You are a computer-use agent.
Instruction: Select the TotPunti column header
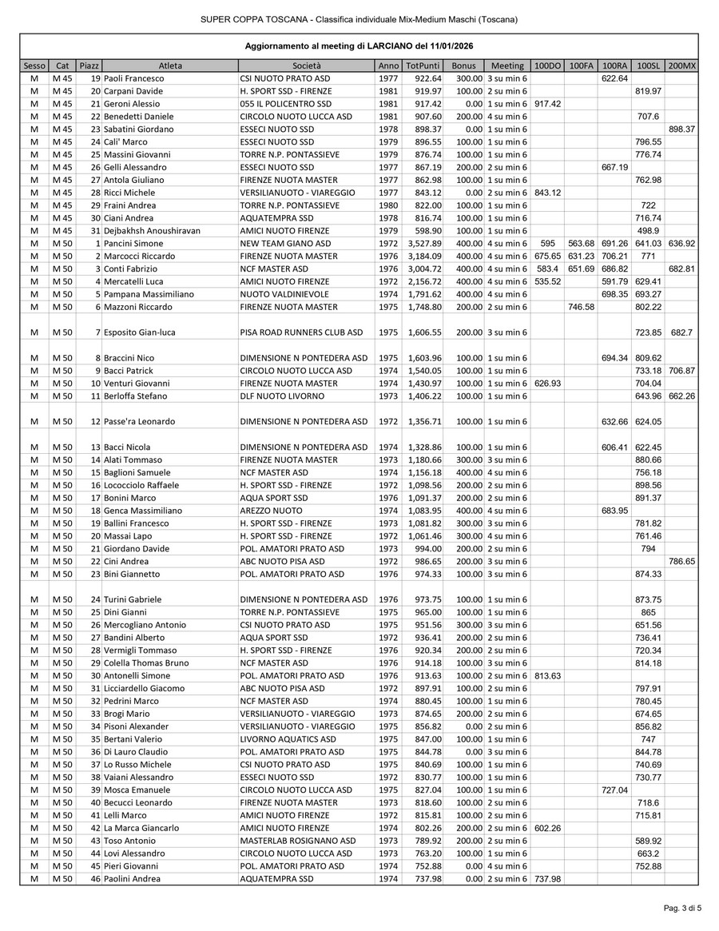pyautogui.click(x=422, y=66)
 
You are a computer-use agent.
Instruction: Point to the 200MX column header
pyautogui.click(x=681, y=66)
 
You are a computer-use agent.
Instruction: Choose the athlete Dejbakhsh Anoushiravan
pyautogui.click(x=152, y=230)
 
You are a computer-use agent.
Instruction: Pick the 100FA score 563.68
pyautogui.click(x=581, y=243)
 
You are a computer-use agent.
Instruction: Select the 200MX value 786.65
pyautogui.click(x=681, y=561)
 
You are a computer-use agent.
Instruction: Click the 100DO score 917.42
pyautogui.click(x=547, y=104)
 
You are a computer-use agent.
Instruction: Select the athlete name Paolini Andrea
pyautogui.click(x=132, y=879)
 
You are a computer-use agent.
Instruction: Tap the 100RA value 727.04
pyautogui.click(x=614, y=790)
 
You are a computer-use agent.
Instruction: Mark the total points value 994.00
pyautogui.click(x=427, y=548)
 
